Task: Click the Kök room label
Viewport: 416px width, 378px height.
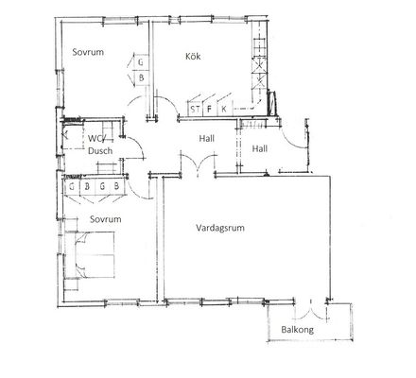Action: pyautogui.click(x=193, y=57)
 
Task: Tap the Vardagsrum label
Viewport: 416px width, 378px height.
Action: pyautogui.click(x=220, y=228)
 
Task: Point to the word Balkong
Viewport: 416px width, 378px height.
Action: pyautogui.click(x=297, y=330)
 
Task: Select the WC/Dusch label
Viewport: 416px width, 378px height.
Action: pyautogui.click(x=100, y=145)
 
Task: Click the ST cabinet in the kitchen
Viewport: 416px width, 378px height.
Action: pyautogui.click(x=195, y=109)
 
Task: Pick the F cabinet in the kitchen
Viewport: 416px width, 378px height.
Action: pyautogui.click(x=209, y=109)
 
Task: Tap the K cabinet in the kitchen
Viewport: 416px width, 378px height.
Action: pyautogui.click(x=224, y=109)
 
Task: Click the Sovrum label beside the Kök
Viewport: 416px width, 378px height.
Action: pyautogui.click(x=88, y=52)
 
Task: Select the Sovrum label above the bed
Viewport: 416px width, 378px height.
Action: pyautogui.click(x=105, y=219)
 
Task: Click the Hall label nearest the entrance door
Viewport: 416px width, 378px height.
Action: pyautogui.click(x=260, y=148)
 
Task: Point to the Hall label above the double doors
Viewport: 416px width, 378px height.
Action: pyautogui.click(x=206, y=138)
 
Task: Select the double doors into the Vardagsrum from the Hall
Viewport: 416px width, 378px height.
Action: pyautogui.click(x=199, y=163)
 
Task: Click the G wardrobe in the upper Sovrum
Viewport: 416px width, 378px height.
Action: pyautogui.click(x=140, y=62)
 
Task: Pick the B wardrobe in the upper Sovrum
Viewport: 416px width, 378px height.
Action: pyautogui.click(x=141, y=78)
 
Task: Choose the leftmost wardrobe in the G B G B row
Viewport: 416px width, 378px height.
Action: pyautogui.click(x=72, y=186)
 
